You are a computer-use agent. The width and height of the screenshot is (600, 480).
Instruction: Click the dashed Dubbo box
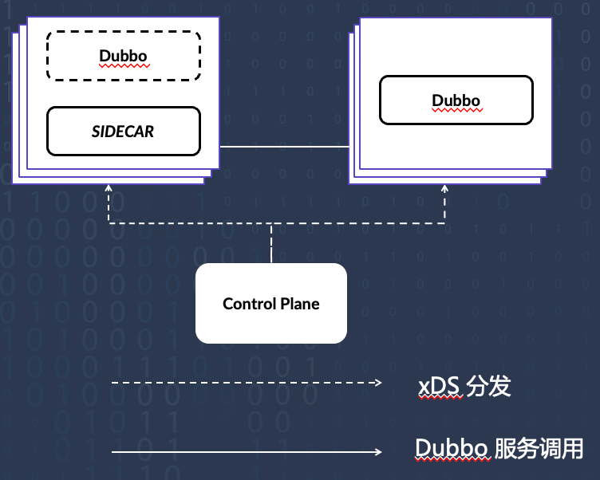coord(124,56)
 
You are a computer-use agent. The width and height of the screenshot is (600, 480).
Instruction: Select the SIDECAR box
coord(123,131)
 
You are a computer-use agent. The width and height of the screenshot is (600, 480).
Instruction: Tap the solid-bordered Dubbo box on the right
coord(456,100)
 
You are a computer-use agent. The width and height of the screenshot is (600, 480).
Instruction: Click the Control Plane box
coord(271,304)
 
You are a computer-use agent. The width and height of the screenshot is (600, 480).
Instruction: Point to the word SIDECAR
coord(123,131)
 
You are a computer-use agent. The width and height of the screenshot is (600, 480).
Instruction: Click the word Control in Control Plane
coord(247,304)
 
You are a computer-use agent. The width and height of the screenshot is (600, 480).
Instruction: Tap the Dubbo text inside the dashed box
coord(124,56)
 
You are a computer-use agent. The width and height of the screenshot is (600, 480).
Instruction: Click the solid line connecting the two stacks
coord(284,147)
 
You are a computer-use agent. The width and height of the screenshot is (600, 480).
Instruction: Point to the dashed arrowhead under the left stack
coord(109,188)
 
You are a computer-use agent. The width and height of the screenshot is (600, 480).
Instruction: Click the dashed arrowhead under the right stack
coord(444,188)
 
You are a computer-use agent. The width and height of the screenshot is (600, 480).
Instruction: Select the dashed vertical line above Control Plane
coord(271,243)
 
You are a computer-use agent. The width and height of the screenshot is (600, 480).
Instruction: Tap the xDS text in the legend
coord(439,387)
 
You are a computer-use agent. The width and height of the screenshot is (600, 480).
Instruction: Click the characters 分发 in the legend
coord(489,387)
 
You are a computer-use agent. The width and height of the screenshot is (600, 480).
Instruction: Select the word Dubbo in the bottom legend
coord(452,449)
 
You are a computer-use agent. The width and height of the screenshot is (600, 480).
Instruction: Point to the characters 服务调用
coord(539,449)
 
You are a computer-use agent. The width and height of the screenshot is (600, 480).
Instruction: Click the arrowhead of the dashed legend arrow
coord(379,384)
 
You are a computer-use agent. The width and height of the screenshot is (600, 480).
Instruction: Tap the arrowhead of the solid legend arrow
coord(379,452)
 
